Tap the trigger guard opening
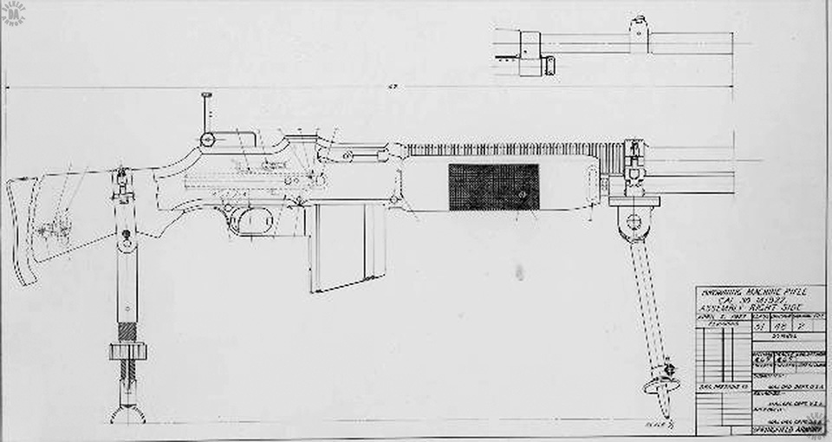[x=255, y=221]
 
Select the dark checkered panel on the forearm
[x=493, y=187]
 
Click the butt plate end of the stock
[x=21, y=230]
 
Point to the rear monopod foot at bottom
[x=127, y=414]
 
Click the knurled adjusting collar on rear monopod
[x=127, y=351]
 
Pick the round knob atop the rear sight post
[x=206, y=95]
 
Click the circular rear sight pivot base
[x=208, y=140]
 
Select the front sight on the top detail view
[x=639, y=29]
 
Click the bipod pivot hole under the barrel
[x=635, y=218]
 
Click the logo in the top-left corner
[x=13, y=12]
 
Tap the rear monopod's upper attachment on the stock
[x=122, y=184]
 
